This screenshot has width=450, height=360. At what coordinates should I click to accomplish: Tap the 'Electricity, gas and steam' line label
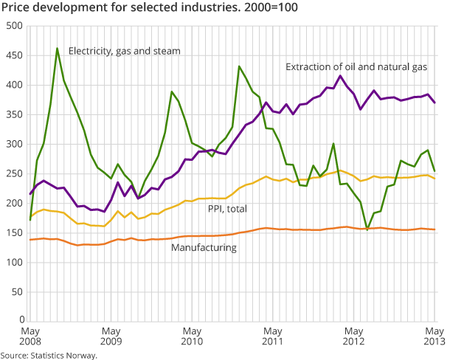click(x=124, y=51)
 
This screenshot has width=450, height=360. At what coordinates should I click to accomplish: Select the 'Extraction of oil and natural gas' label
click(x=356, y=67)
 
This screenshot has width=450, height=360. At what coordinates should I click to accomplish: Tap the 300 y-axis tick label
click(x=14, y=144)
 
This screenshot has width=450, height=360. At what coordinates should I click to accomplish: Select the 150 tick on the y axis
click(x=14, y=232)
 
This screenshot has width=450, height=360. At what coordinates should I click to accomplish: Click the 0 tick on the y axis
click(x=20, y=321)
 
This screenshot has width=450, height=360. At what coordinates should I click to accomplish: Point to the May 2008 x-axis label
click(x=30, y=337)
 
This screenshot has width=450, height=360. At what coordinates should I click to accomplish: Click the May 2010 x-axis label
click(x=192, y=337)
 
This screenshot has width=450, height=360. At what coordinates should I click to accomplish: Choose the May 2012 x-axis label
click(x=354, y=337)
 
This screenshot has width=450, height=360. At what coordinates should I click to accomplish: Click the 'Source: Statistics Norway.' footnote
click(x=49, y=355)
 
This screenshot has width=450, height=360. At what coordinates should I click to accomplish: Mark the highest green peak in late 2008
click(x=57, y=49)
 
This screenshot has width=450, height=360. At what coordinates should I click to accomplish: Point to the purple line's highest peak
click(x=340, y=76)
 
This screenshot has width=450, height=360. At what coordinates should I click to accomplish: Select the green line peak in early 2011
click(x=239, y=66)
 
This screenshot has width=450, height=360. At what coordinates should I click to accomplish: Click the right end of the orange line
click(x=435, y=229)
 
